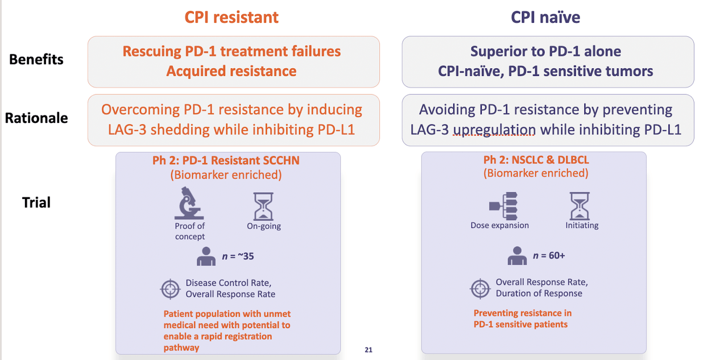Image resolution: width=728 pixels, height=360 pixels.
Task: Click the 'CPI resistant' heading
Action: tap(231, 17)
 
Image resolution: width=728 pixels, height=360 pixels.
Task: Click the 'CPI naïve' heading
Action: tap(545, 17)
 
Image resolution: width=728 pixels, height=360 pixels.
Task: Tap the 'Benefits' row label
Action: tap(36, 60)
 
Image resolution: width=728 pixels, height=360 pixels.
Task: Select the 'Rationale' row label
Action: tap(36, 118)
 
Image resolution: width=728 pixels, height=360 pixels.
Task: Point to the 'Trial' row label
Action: tap(36, 202)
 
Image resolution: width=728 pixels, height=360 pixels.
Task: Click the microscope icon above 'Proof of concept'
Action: tap(189, 202)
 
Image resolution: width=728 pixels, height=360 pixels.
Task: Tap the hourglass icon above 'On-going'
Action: tap(263, 206)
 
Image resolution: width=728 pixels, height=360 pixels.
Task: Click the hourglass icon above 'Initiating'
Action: tap(580, 206)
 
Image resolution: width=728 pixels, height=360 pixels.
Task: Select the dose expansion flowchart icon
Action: tap(503, 206)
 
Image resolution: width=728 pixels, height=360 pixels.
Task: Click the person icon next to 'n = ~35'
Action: tap(206, 256)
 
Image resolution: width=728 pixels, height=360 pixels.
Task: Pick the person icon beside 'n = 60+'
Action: tap(517, 256)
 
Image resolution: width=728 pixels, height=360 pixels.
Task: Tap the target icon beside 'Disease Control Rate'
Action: tap(170, 289)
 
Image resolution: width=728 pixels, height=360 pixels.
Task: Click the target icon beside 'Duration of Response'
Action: tap(480, 288)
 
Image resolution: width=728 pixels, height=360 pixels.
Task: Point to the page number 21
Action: tap(368, 350)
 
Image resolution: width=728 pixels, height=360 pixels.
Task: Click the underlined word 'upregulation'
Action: tap(494, 130)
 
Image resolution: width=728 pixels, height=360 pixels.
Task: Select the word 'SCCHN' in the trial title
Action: tap(281, 160)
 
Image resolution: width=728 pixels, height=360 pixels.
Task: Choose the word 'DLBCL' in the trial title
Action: tap(574, 160)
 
